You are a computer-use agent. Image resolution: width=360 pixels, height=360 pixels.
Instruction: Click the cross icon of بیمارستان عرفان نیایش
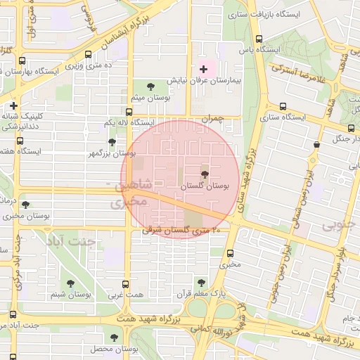[x=204, y=69]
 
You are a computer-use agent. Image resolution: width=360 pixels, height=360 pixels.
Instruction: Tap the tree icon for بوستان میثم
[x=151, y=86]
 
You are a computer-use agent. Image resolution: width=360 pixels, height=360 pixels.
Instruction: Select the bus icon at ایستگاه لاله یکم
[x=129, y=111]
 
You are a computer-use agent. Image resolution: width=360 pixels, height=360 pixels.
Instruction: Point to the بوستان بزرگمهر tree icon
[x=112, y=142]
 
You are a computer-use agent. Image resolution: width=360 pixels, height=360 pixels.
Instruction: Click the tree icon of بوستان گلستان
[x=205, y=174]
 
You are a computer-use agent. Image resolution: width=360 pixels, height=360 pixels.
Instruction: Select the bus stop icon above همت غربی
[x=125, y=284]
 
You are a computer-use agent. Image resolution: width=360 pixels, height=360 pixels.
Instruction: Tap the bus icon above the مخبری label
[x=230, y=253]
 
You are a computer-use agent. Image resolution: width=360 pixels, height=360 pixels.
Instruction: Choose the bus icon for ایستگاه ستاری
[x=283, y=106]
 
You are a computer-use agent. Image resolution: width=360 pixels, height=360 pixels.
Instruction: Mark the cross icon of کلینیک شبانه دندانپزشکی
[x=13, y=105]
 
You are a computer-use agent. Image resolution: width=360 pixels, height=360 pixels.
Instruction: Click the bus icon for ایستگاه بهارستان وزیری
[x=22, y=61]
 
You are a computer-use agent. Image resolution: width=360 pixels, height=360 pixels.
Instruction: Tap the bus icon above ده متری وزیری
[x=87, y=54]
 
